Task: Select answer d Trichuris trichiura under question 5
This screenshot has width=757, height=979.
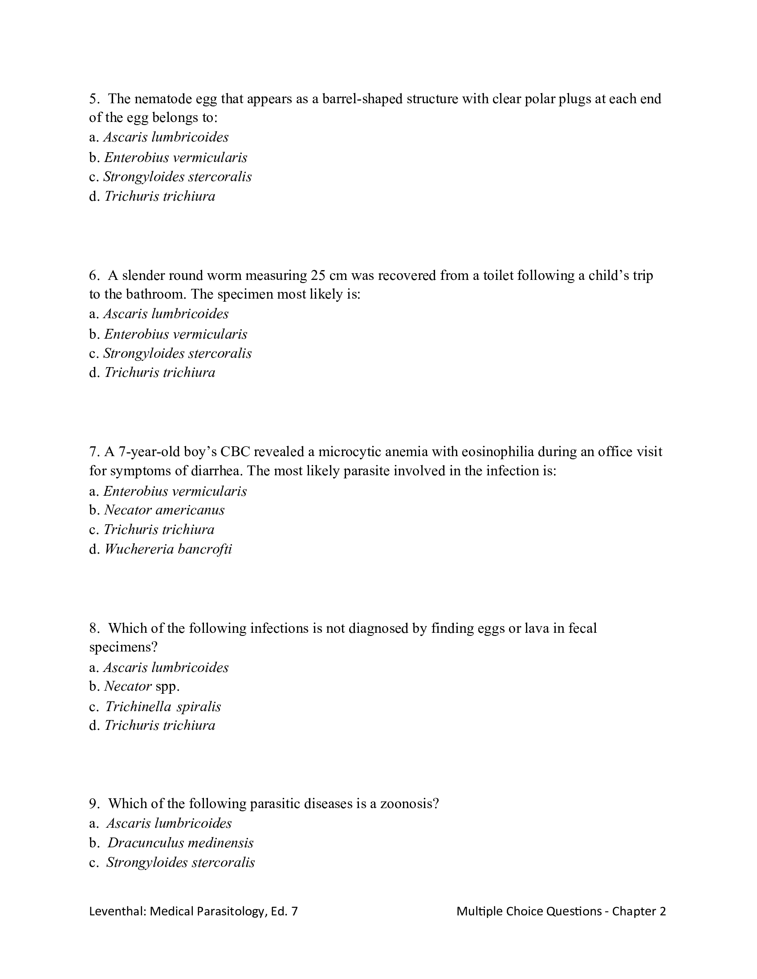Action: click(x=159, y=196)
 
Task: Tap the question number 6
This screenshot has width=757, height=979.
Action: click(x=94, y=275)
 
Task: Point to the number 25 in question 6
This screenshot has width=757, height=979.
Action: click(x=318, y=275)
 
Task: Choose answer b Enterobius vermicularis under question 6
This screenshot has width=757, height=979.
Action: click(x=175, y=334)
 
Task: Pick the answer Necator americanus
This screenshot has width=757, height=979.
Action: click(x=164, y=510)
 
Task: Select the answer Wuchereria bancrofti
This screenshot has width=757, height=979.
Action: click(x=168, y=549)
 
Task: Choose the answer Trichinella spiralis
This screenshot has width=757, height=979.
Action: click(x=163, y=707)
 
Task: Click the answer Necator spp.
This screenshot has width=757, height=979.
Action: click(x=141, y=686)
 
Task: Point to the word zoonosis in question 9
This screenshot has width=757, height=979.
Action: click(x=409, y=803)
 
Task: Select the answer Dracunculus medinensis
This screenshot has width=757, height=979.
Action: click(x=180, y=843)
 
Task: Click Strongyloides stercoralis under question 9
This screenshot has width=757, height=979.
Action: click(x=180, y=862)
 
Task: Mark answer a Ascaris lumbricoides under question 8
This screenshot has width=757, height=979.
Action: click(x=166, y=667)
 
